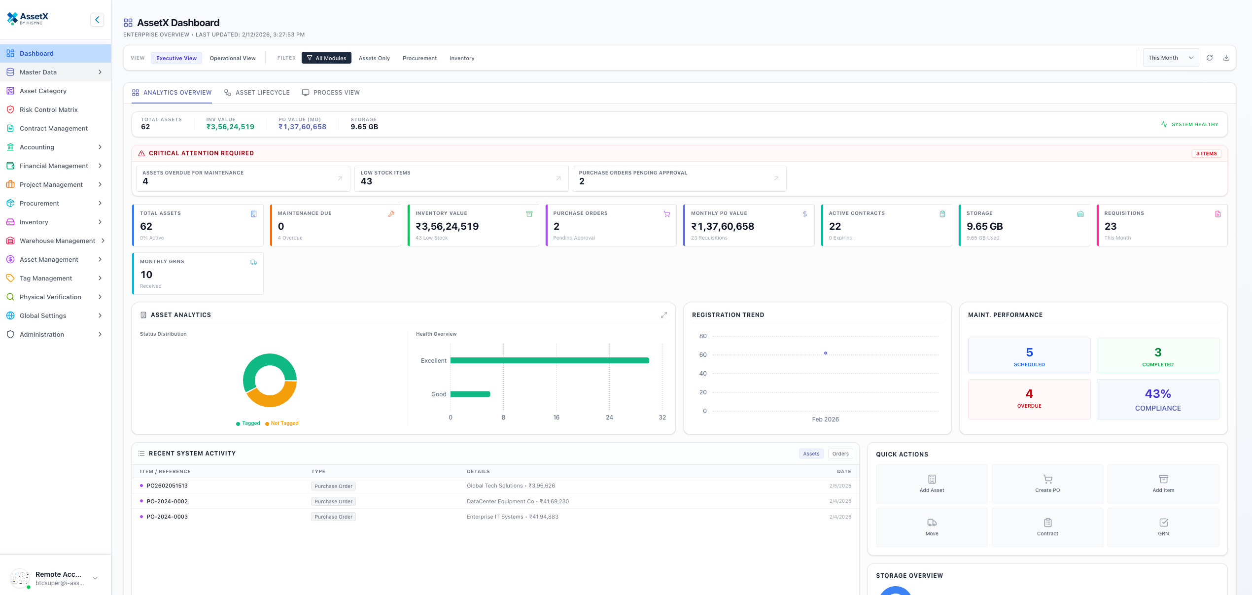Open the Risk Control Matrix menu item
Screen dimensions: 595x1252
[x=48, y=109]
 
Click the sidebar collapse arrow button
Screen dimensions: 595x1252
[x=97, y=20]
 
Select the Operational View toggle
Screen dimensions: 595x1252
[x=232, y=58]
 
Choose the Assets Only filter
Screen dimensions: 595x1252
[x=374, y=58]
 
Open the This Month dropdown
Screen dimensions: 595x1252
[x=1170, y=58]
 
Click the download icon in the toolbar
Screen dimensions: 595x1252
[x=1226, y=58]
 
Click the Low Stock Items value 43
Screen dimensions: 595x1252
[x=366, y=181]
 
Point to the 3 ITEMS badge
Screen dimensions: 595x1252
[x=1206, y=153]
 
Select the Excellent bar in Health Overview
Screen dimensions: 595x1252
[x=549, y=360]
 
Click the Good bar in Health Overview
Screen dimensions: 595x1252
[x=470, y=394]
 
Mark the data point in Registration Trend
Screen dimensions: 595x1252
[x=826, y=353]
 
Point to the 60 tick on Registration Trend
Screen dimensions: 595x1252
[x=703, y=355]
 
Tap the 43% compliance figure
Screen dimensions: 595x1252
[x=1157, y=394]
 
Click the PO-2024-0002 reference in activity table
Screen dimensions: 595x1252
[x=167, y=501]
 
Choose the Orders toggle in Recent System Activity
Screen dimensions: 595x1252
[x=840, y=454]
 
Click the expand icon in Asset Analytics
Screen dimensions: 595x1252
[x=663, y=315]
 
